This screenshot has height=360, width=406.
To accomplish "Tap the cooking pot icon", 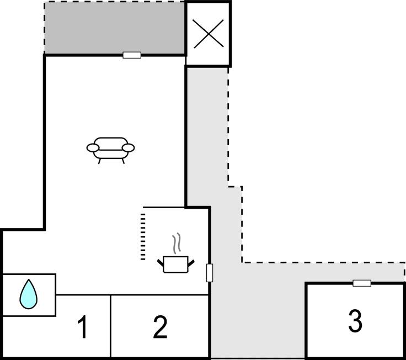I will click(176, 264).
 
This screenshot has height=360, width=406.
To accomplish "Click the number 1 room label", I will click(82, 327).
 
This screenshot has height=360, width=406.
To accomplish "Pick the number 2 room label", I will click(160, 327).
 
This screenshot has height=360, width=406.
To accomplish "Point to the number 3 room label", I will click(355, 321).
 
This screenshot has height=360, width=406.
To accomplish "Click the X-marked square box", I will click(208, 34).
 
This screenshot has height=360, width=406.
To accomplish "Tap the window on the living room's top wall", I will click(132, 55).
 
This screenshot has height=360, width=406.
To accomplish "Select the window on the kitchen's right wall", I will click(210, 273).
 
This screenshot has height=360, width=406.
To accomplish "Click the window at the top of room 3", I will click(362, 283).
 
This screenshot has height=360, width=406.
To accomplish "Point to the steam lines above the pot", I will click(177, 243).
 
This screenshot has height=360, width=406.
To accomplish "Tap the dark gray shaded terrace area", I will click(114, 28).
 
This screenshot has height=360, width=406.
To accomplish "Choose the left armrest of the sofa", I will click(93, 147).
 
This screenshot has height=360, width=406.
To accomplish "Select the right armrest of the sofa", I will click(128, 147).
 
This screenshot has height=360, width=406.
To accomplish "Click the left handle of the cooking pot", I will click(160, 262).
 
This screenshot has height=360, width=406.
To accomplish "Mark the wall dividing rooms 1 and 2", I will click(111, 326).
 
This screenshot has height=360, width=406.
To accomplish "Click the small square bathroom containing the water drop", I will click(29, 295).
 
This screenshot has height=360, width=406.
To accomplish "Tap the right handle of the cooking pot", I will click(192, 262).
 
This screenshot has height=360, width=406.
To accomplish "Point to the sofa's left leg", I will click(99, 161).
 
